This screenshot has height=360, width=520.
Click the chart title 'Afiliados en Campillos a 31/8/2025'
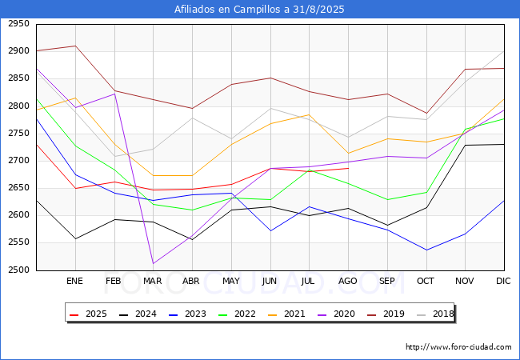tap(260, 9)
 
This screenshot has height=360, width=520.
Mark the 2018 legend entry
tap(438, 314)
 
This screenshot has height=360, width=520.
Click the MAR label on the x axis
tap(152, 281)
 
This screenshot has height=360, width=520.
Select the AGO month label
tap(348, 281)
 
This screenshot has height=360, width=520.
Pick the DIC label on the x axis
tap(503, 281)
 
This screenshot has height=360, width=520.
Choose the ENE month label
tap(74, 281)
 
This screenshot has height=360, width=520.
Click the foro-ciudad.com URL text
tap(458, 347)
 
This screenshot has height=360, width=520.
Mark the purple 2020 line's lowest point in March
tap(152, 263)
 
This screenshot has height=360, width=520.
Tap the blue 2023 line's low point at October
tap(426, 250)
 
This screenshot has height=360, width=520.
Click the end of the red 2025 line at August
tap(348, 168)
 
